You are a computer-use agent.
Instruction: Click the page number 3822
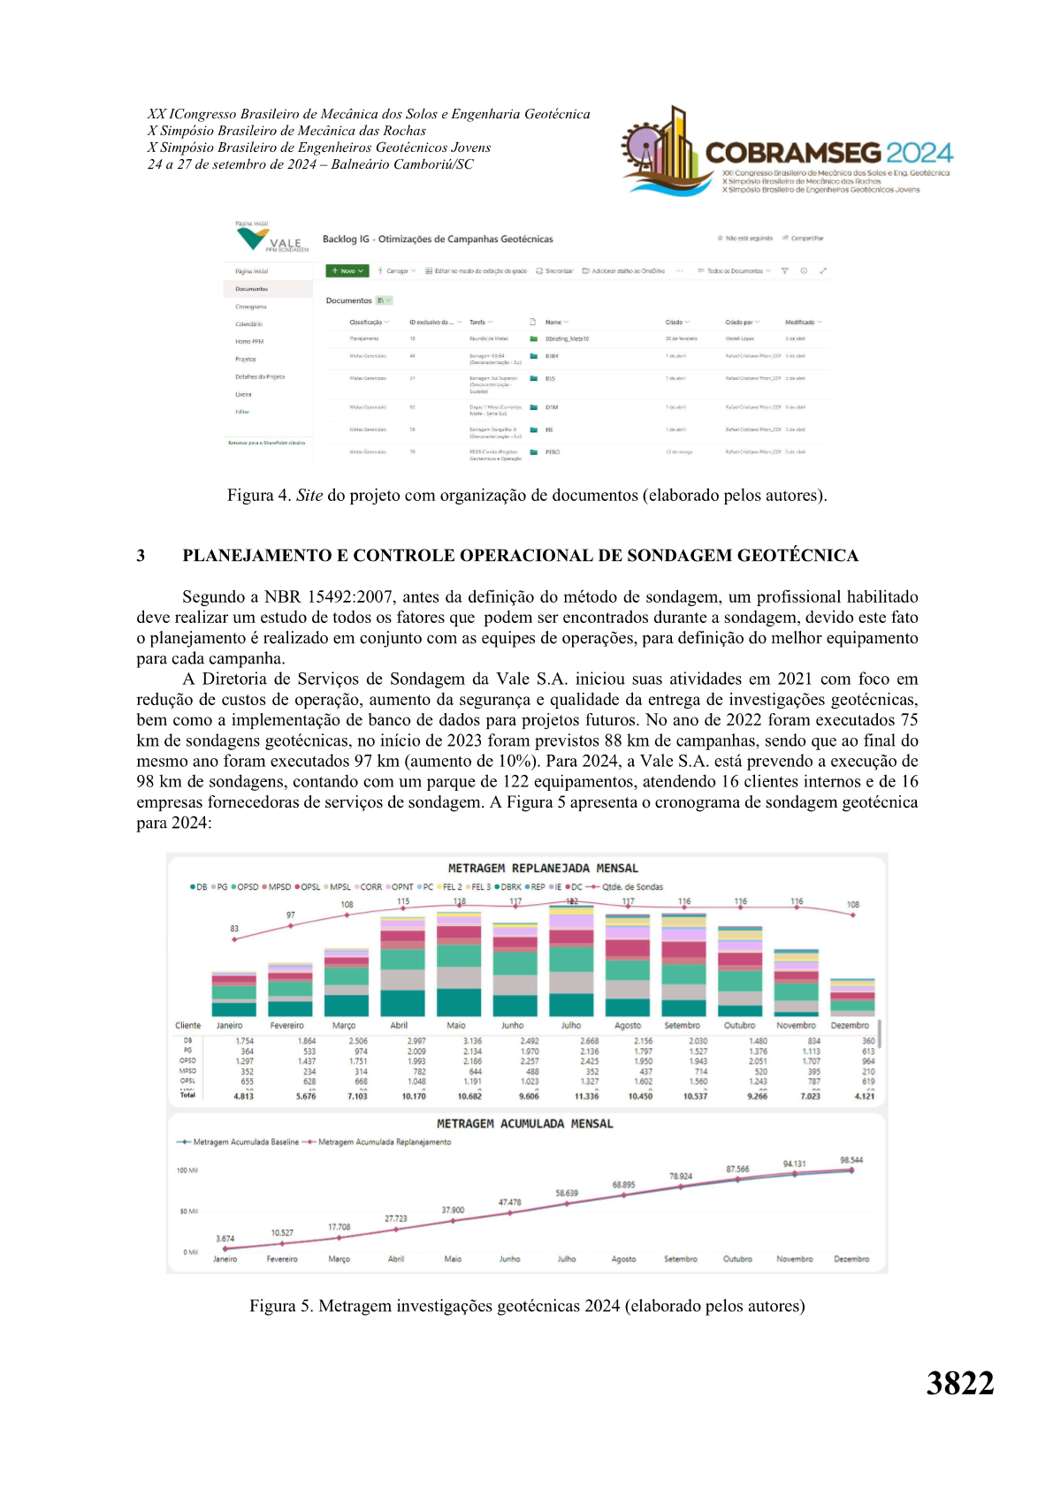(959, 1383)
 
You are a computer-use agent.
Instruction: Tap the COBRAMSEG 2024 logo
(787, 151)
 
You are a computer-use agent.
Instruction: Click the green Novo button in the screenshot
(347, 271)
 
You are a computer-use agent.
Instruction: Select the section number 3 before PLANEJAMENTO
(141, 556)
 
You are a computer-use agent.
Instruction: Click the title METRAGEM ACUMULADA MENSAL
(524, 1124)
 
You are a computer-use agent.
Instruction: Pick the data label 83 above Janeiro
(234, 929)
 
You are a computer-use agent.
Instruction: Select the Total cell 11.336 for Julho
(586, 1097)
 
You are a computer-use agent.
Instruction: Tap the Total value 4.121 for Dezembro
(864, 1097)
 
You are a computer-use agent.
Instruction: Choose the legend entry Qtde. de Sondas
(631, 887)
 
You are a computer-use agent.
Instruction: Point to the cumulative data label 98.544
(851, 1160)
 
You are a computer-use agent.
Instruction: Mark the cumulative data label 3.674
(225, 1239)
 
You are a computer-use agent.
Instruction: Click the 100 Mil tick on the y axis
(187, 1171)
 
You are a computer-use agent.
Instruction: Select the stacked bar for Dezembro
(852, 998)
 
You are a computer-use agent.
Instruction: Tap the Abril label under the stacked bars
(400, 1026)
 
